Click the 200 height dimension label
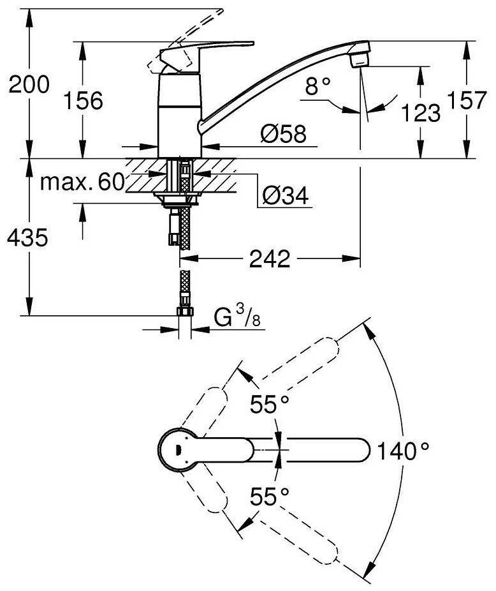29,84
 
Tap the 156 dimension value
84,101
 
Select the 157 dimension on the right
467,100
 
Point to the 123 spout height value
421,113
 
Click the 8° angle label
318,86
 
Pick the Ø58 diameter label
284,133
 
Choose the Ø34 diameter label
286,195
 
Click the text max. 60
82,182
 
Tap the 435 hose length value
27,237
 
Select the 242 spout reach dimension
270,258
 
